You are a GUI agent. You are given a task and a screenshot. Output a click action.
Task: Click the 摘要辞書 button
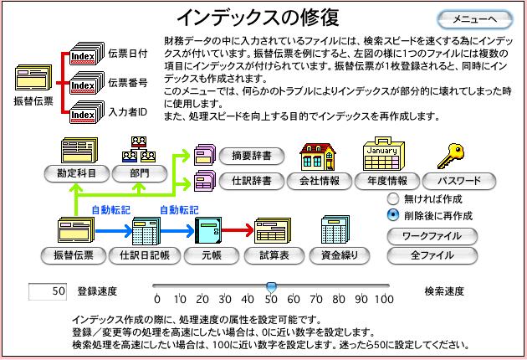[x=252, y=156]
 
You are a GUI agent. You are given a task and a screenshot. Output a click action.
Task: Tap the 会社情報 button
[x=319, y=179]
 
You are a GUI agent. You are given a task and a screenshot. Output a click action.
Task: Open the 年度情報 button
[x=386, y=179]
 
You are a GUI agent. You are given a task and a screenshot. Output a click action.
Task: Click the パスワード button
[x=459, y=179]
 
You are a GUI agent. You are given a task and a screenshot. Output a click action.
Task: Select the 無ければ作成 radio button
[x=393, y=199]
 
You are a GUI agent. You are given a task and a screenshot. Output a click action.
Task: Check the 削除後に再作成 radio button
[x=393, y=214]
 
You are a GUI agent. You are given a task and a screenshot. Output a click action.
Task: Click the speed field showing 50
[x=48, y=291]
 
